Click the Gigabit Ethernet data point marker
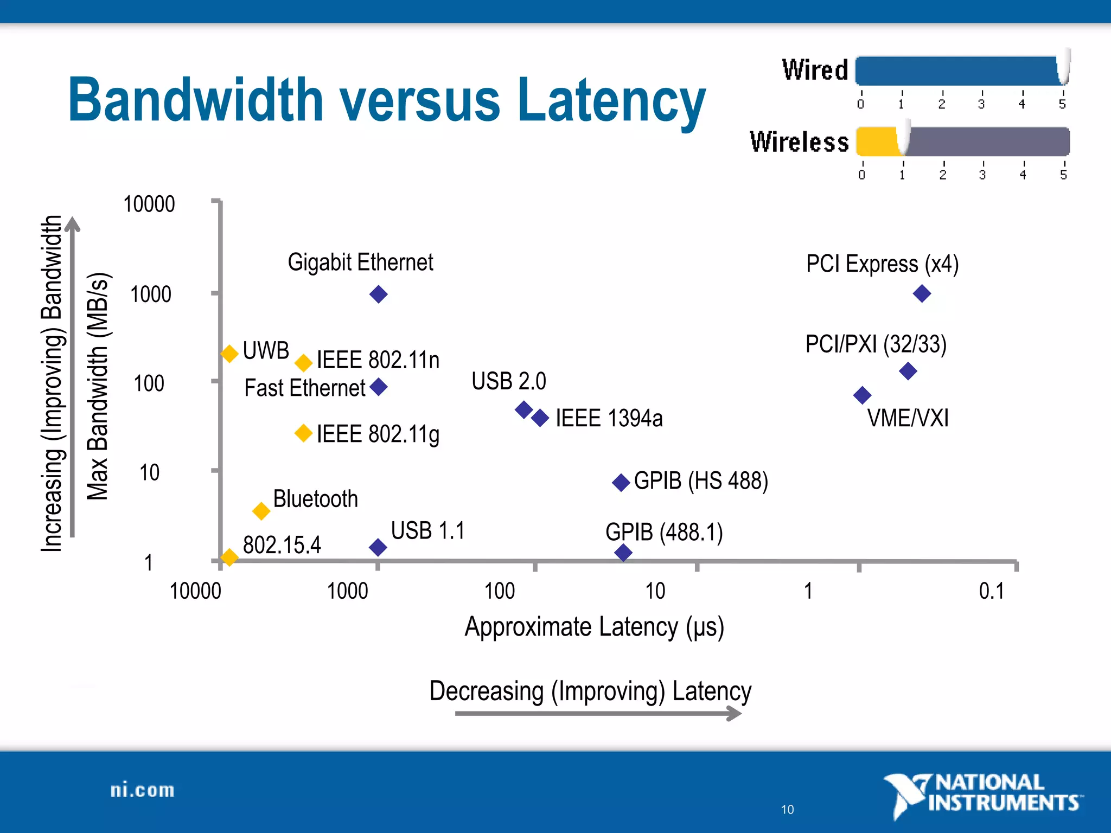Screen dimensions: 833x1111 (x=378, y=294)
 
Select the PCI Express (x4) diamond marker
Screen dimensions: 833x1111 (x=922, y=294)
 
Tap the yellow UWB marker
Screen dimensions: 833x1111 (x=229, y=354)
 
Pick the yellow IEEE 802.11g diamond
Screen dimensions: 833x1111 (x=303, y=433)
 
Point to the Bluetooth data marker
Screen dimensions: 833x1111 (x=261, y=511)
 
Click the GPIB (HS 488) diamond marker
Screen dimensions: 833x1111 (x=621, y=482)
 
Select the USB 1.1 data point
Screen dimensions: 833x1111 (x=378, y=547)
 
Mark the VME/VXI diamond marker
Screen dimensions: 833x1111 (x=862, y=395)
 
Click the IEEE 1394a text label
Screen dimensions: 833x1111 (x=609, y=419)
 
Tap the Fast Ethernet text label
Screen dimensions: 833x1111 (x=304, y=388)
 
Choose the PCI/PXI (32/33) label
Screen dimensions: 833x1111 (x=876, y=344)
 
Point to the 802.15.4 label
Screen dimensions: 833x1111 (x=282, y=545)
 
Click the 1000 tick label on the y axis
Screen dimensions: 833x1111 (x=150, y=294)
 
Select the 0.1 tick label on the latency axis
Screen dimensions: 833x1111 (x=991, y=591)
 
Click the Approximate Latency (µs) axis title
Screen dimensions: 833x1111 (x=594, y=627)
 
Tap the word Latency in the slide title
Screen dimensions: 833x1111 (x=611, y=100)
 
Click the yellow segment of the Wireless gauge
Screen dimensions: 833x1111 (x=877, y=142)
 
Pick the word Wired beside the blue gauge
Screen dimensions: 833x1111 (x=815, y=71)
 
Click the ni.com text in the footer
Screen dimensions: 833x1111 (x=142, y=791)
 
